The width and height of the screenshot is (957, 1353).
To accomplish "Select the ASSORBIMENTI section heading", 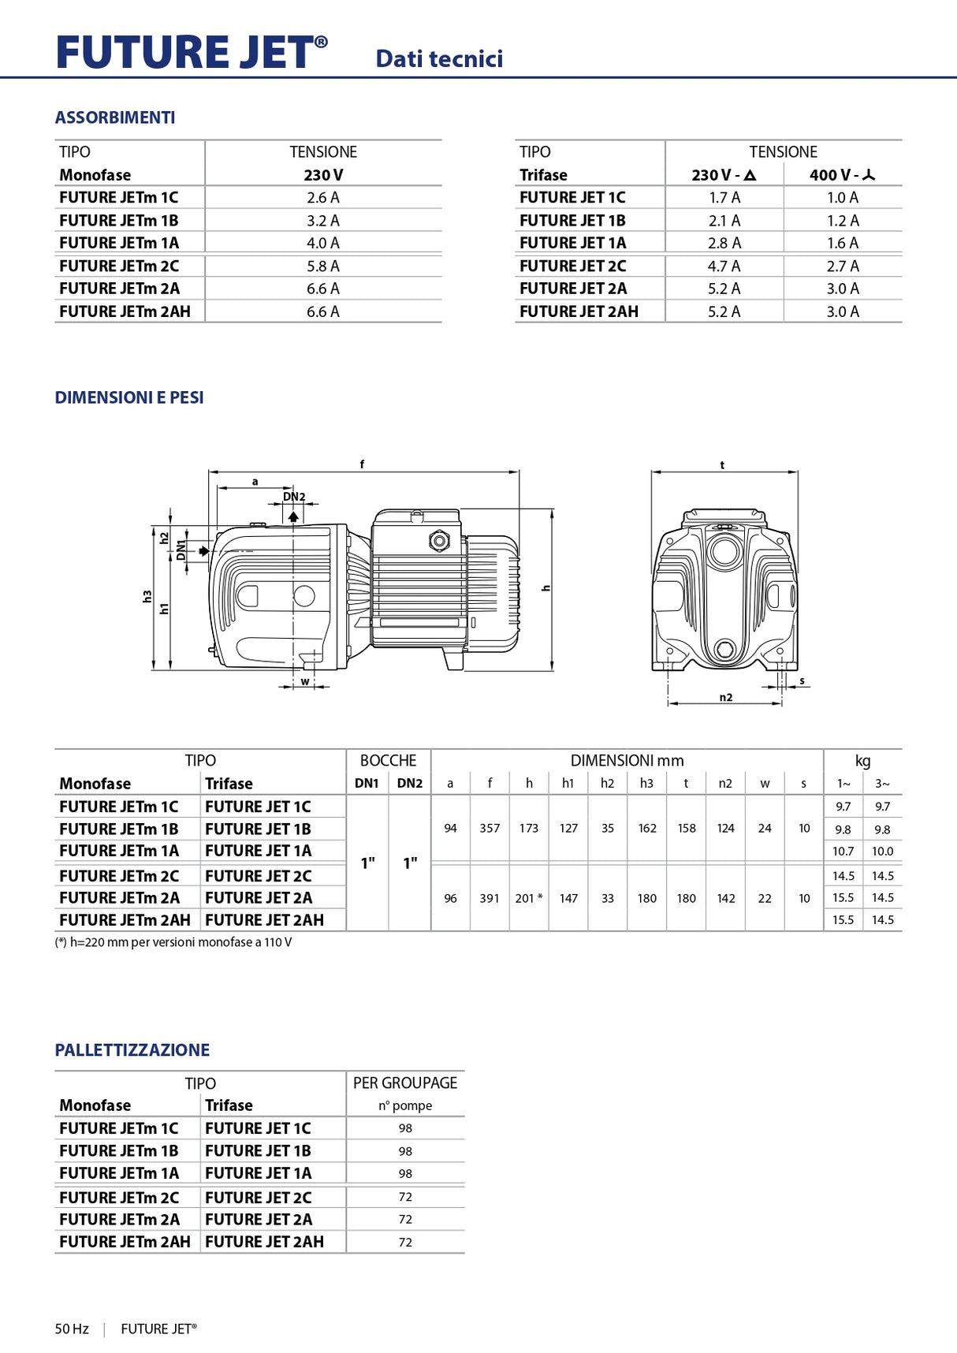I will click(x=115, y=117).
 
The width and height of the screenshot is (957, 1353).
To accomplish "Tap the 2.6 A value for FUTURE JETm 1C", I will click(x=323, y=198).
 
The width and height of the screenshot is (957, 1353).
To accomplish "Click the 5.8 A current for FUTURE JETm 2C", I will click(x=323, y=266).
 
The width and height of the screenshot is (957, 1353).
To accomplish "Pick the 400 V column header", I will click(x=842, y=175).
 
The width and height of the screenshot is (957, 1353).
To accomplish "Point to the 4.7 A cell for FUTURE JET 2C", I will click(x=724, y=266).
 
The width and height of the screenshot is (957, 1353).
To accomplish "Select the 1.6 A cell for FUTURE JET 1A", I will click(x=842, y=244).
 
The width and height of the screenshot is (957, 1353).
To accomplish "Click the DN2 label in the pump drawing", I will click(x=294, y=497).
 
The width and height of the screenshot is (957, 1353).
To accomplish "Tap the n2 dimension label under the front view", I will click(x=725, y=697).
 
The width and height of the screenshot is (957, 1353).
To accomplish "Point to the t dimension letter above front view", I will click(x=722, y=465).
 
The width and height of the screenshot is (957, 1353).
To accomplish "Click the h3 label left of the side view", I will click(x=147, y=597).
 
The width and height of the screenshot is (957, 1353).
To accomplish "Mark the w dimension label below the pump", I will click(x=305, y=681).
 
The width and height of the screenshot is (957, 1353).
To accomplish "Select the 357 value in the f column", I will click(x=490, y=829).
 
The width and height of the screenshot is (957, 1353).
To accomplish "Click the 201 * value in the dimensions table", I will click(x=528, y=898).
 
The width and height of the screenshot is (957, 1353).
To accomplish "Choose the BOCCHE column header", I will click(x=388, y=761).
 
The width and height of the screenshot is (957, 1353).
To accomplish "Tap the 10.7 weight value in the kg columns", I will click(x=843, y=852).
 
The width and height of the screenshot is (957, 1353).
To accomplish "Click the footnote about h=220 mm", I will click(x=173, y=942).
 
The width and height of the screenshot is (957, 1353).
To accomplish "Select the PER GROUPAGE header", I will click(x=405, y=1083).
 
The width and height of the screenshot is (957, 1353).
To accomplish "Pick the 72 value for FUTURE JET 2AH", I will click(x=405, y=1242).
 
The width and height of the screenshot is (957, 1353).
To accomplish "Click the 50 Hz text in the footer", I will click(x=72, y=1329).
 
